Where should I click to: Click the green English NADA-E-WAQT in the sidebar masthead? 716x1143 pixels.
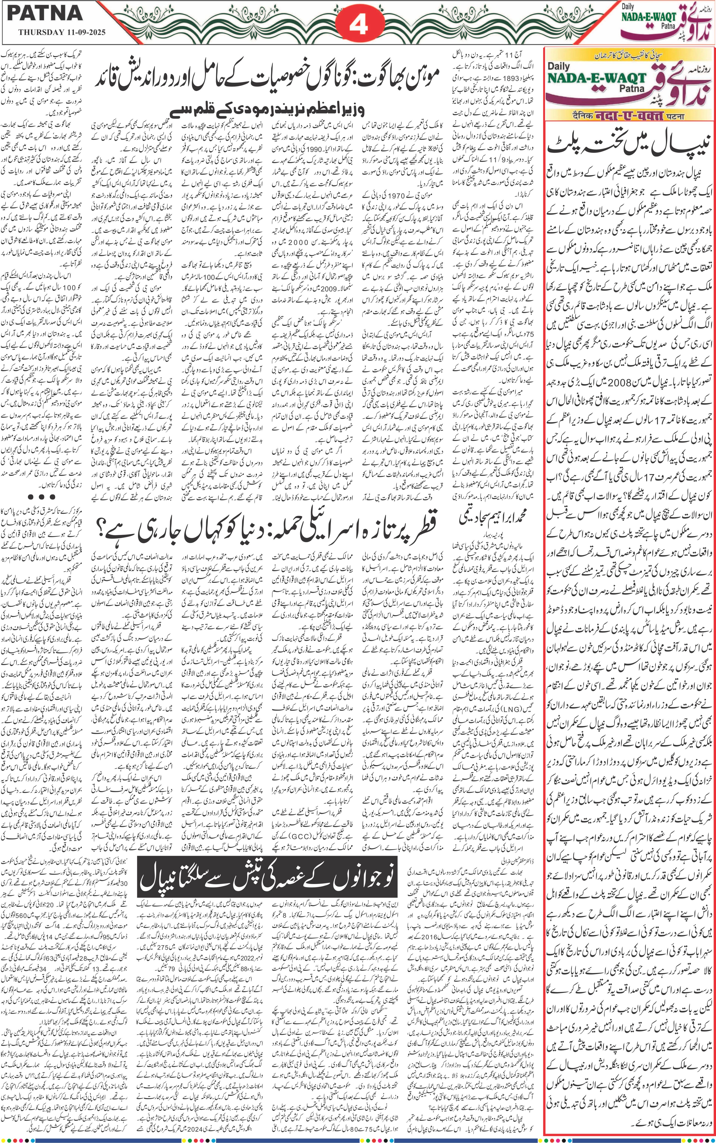coord(597,78)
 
